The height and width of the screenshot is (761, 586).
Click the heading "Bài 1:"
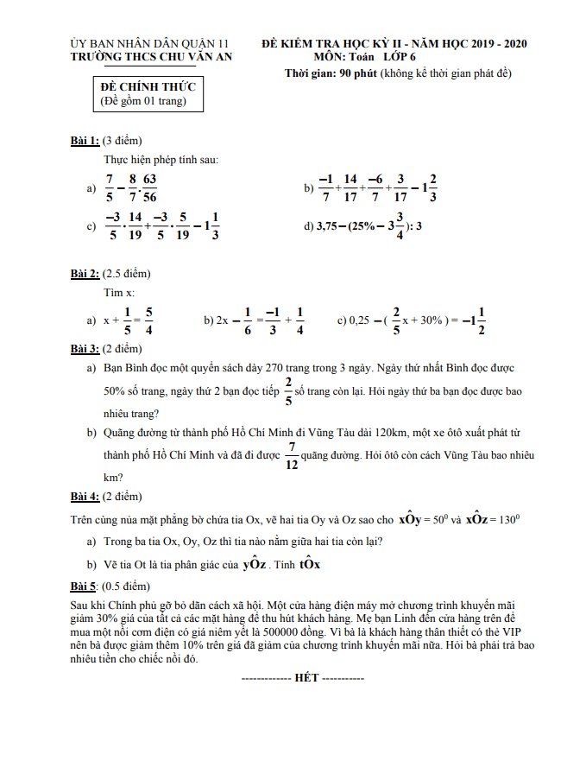[x=85, y=140]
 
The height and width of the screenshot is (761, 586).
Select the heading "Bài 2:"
[x=85, y=274]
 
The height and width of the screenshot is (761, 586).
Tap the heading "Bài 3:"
[x=85, y=349]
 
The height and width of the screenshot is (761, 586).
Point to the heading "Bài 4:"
[x=85, y=497]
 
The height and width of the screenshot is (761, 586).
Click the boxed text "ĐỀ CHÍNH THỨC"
[x=148, y=87]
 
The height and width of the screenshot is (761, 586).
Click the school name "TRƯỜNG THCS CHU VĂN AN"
[x=151, y=56]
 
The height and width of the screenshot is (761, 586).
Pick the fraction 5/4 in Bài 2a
[x=148, y=320]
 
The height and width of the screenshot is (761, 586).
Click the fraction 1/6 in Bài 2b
[x=247, y=320]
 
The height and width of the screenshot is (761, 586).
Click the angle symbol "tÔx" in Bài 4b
[x=310, y=565]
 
